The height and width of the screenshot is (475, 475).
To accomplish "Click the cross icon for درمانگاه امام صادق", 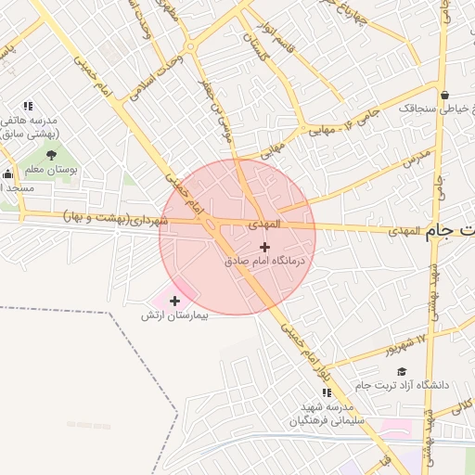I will click(265, 247).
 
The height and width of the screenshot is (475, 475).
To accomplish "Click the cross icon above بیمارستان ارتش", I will click(174, 301).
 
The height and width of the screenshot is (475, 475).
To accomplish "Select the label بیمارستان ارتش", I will click(175, 315).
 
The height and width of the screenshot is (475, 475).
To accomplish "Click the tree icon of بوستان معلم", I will click(51, 156).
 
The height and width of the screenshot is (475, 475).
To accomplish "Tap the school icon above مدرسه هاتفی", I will click(28, 106).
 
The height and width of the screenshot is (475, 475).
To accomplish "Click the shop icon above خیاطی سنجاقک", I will click(444, 95).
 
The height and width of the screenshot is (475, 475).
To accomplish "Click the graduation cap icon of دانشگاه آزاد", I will click(401, 371).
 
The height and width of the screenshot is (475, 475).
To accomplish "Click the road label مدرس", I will click(417, 155).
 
